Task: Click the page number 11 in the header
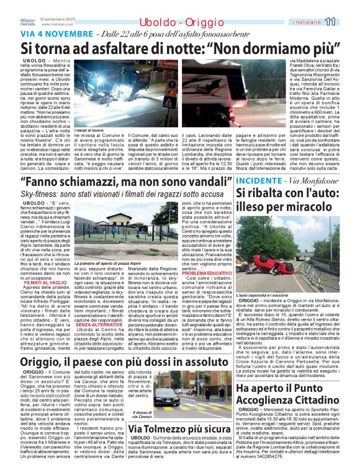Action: (347, 22)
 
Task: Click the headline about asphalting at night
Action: (180, 48)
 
